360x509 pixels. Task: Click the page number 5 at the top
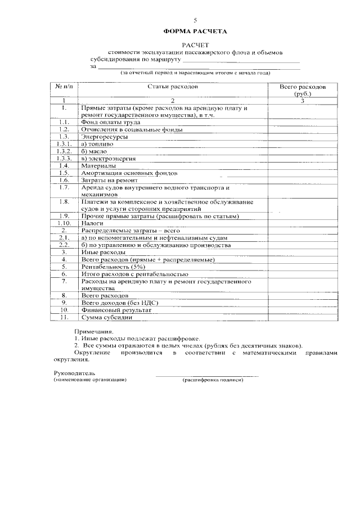pos(195,20)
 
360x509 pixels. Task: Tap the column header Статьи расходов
pos(173,88)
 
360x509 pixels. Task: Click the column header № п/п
pos(65,88)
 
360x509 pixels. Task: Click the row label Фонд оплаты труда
pos(110,122)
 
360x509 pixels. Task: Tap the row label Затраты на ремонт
pos(110,181)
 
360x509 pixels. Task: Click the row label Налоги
pos(92,223)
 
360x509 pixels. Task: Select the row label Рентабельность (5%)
pos(113,267)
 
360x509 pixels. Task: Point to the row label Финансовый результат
pos(116,310)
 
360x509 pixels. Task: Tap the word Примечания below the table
pos(93,332)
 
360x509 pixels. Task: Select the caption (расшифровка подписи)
pos(213,380)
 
